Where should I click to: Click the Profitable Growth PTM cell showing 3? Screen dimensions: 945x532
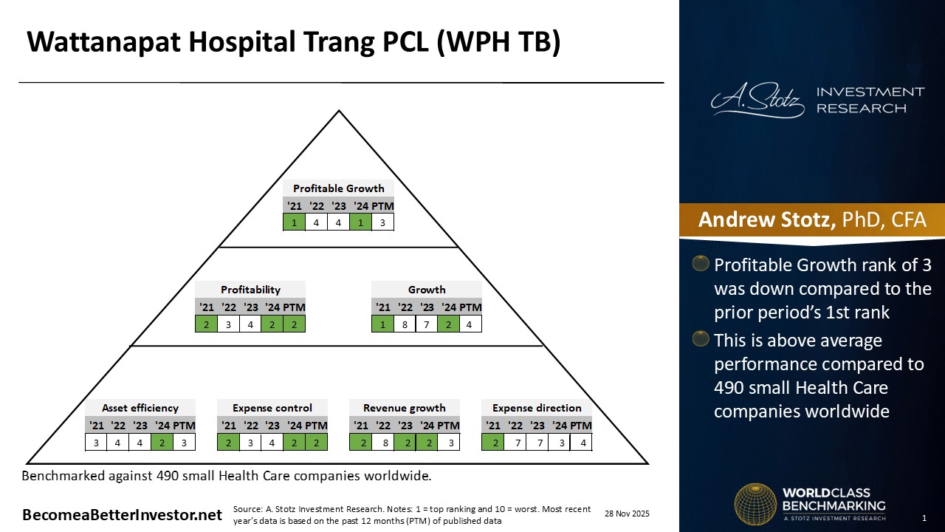[382, 222]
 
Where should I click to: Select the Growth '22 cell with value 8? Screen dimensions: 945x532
[405, 324]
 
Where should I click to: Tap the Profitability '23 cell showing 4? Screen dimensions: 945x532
[250, 324]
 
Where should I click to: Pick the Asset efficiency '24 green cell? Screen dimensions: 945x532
[162, 443]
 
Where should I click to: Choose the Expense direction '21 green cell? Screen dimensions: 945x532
[492, 443]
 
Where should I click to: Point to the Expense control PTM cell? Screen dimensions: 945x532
[316, 443]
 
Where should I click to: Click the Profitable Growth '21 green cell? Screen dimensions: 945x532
[294, 222]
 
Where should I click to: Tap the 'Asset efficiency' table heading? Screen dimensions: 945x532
[140, 408]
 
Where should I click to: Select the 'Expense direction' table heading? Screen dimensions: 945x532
[537, 408]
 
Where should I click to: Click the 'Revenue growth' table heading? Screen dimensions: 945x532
[404, 408]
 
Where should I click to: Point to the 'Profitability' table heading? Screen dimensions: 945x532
[250, 290]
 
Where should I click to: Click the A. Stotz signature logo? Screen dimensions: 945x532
[757, 100]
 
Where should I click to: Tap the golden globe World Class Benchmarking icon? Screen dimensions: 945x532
[755, 505]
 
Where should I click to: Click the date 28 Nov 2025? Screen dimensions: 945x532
[627, 514]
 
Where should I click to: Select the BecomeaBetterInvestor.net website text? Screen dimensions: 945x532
[122, 515]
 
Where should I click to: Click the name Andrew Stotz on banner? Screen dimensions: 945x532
[766, 219]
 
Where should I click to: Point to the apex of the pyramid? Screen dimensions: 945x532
[339, 111]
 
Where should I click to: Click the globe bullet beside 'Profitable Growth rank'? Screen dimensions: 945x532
[701, 263]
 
